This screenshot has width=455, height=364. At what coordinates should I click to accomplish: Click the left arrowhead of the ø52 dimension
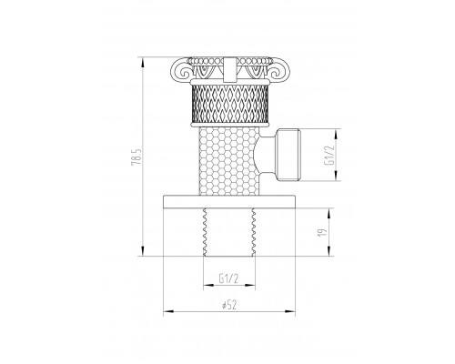tap(166, 315)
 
